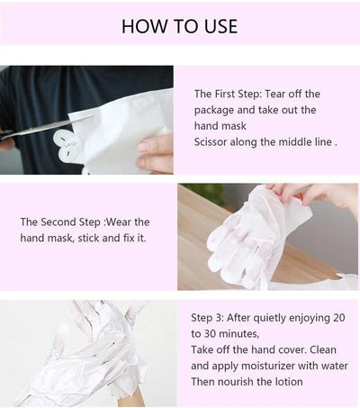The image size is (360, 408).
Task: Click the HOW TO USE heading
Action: tap(179, 25)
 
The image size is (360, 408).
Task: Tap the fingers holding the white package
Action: tap(155, 153)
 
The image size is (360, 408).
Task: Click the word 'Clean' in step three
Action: tap(327, 350)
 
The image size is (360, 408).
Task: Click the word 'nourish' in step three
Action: tap(238, 383)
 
